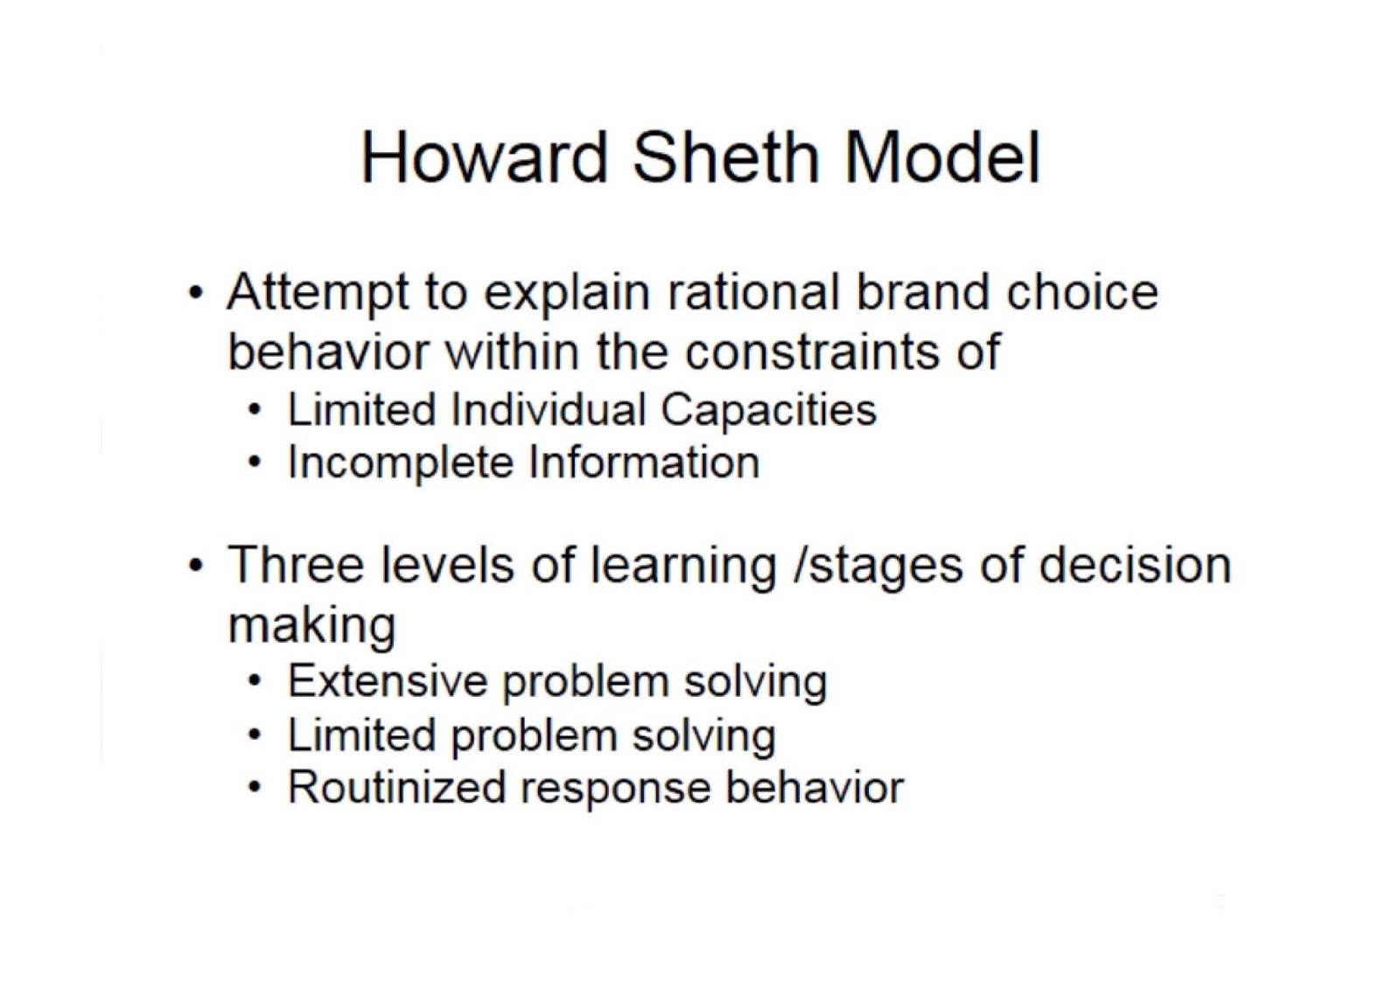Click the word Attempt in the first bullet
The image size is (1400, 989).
tap(317, 293)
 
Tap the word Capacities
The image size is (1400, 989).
tap(767, 411)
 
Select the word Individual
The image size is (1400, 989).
tap(548, 409)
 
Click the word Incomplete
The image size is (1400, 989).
tap(401, 463)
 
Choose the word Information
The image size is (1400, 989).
tap(643, 462)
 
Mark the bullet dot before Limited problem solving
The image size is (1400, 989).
tap(253, 735)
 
